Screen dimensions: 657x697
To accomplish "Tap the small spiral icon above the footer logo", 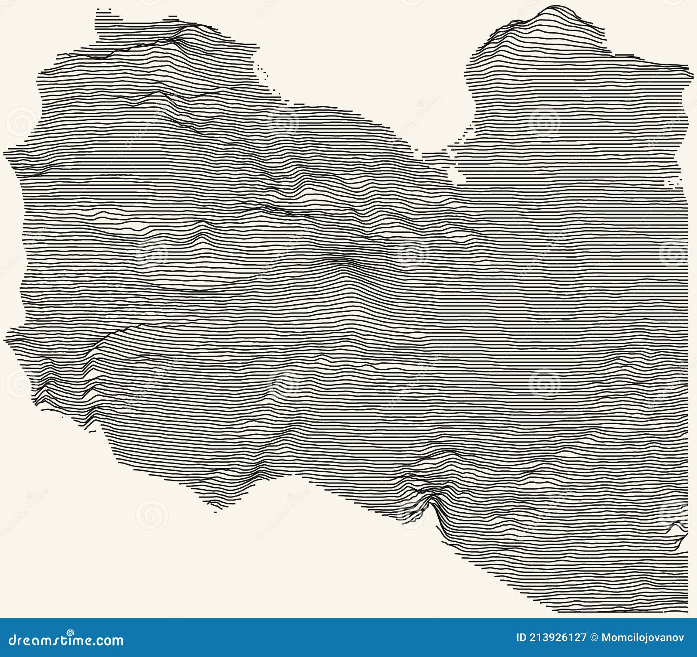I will pyautogui.click(x=70, y=632).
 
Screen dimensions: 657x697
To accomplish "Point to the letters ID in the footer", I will pyautogui.click(x=521, y=638).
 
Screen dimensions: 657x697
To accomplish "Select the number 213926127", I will pyautogui.click(x=558, y=638).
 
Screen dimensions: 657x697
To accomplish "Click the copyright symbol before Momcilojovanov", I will pyautogui.click(x=594, y=638).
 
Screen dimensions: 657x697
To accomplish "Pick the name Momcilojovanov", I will pyautogui.click(x=643, y=638).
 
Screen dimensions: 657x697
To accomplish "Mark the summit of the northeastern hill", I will pyautogui.click(x=555, y=7).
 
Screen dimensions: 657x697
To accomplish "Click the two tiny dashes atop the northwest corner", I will pyautogui.click(x=103, y=9).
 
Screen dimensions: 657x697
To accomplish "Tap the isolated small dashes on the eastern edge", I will pyautogui.click(x=673, y=182).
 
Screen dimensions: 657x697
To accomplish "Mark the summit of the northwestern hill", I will pyautogui.click(x=192, y=26).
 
